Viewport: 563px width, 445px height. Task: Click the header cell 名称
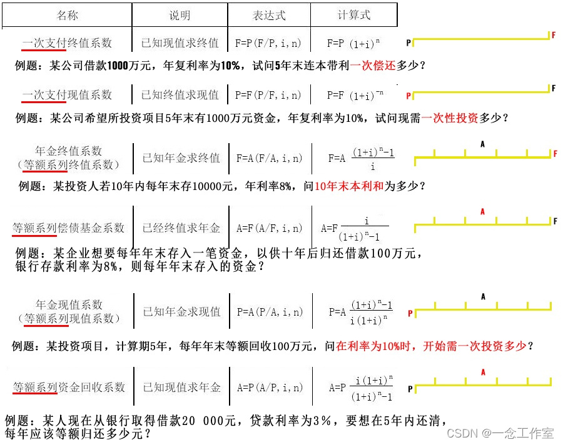click(x=67, y=15)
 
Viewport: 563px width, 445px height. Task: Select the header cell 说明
click(x=180, y=15)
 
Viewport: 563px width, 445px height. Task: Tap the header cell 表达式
click(x=269, y=15)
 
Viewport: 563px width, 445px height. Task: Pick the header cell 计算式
click(x=354, y=15)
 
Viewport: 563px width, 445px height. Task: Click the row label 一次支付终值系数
click(x=67, y=43)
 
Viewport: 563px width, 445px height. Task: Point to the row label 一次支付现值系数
click(x=67, y=94)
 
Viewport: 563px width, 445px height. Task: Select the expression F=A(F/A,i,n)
click(x=269, y=159)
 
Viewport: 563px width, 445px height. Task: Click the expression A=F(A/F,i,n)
click(x=269, y=228)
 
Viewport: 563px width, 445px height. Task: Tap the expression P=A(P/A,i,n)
click(x=269, y=311)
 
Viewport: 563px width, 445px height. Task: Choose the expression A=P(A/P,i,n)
click(x=269, y=387)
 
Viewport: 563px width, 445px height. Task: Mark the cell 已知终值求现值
click(x=180, y=95)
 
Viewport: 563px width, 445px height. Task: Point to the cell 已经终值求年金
click(x=181, y=228)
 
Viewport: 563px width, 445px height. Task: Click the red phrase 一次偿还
click(x=373, y=64)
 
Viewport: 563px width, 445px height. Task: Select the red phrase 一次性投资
click(x=450, y=117)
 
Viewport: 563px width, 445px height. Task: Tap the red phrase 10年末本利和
click(x=348, y=186)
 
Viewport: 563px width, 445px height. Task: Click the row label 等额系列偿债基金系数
click(x=69, y=228)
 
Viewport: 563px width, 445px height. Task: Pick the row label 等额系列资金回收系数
click(x=69, y=387)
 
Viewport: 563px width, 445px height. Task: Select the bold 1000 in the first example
click(x=118, y=64)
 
